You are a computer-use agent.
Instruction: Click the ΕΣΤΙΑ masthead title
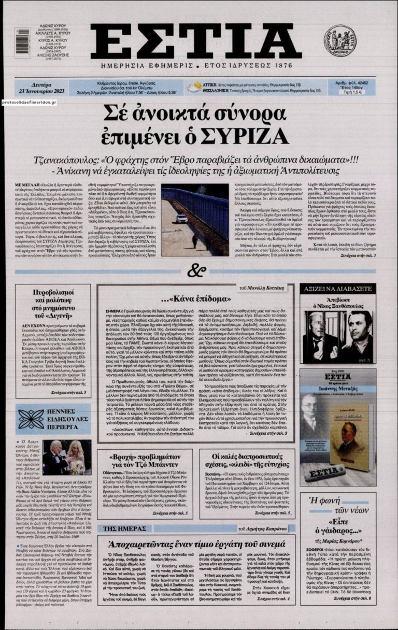coord(195,41)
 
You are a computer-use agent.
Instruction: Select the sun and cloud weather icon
coord(194,88)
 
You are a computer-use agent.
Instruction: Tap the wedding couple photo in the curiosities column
coord(68,457)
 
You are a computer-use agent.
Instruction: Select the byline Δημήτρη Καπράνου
coord(266,528)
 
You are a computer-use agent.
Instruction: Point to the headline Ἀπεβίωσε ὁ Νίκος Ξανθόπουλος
coord(338,304)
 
